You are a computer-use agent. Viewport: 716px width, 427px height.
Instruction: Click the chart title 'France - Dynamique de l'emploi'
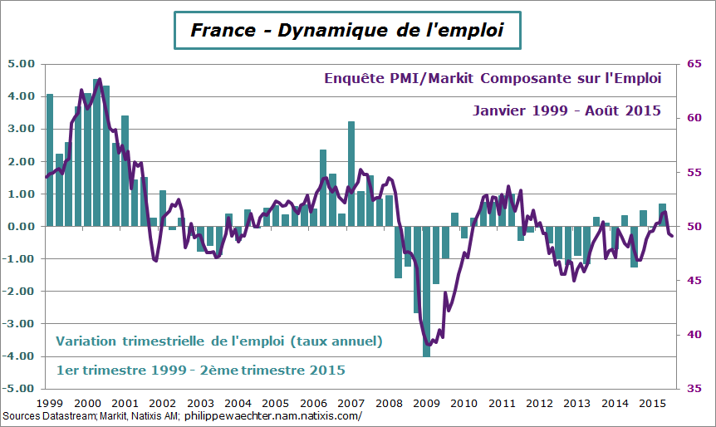[x=347, y=31]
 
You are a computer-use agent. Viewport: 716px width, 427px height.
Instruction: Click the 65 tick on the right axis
[x=693, y=64]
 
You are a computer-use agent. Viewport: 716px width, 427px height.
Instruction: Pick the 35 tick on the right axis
[x=693, y=389]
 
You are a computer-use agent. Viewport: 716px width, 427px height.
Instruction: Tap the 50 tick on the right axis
[x=693, y=227]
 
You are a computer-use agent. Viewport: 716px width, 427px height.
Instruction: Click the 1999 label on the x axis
[x=50, y=403]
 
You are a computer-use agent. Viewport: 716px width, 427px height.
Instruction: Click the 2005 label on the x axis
[x=275, y=403]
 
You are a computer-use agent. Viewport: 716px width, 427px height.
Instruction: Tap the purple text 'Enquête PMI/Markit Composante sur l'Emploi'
[x=492, y=79]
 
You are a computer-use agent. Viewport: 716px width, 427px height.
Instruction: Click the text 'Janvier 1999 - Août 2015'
[x=566, y=110]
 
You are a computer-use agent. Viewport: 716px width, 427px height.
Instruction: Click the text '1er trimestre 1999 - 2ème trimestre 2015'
[x=200, y=370]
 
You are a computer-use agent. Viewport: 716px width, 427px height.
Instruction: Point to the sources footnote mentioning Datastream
[x=183, y=416]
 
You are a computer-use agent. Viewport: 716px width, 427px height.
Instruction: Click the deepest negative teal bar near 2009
[x=426, y=291]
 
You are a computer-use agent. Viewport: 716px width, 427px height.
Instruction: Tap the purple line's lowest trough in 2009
[x=429, y=344]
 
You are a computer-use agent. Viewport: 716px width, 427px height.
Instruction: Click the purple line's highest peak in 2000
[x=100, y=80]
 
